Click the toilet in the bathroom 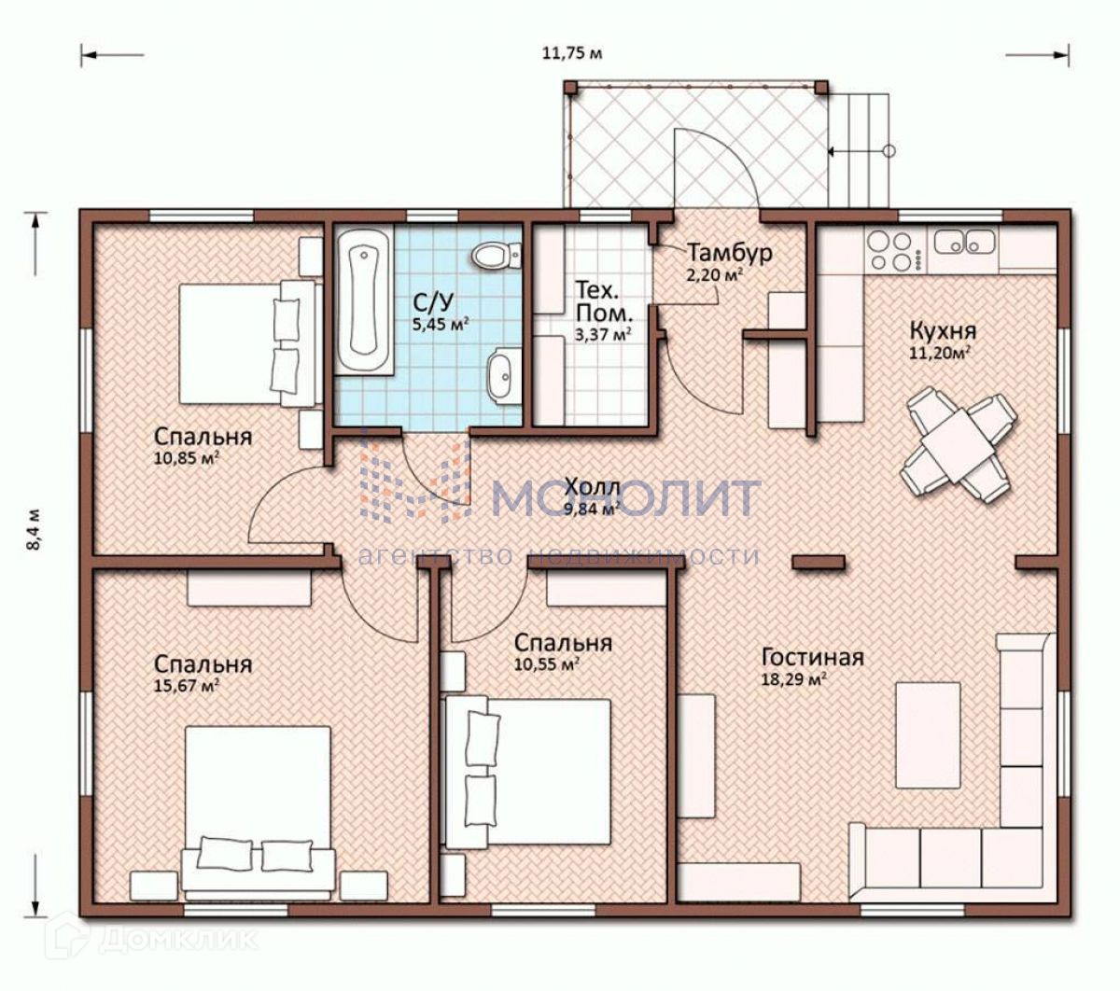click(x=496, y=257)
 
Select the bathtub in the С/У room click(x=364, y=301)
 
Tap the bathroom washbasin click(x=504, y=375)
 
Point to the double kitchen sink click(x=965, y=242)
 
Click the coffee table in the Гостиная click(x=928, y=734)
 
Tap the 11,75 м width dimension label click(x=571, y=53)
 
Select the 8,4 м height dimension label click(x=34, y=529)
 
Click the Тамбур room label click(x=729, y=253)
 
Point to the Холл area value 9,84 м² click(x=591, y=509)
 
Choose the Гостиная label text click(x=813, y=658)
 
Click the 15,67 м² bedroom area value click(x=187, y=686)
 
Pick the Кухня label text click(x=943, y=331)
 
